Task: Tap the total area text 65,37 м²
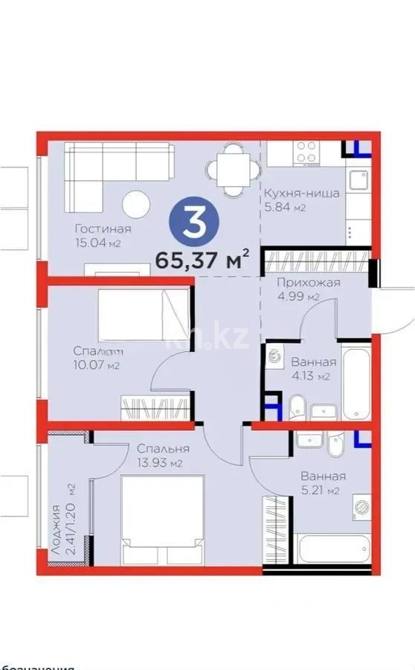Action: pyautogui.click(x=201, y=261)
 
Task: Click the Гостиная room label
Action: pyautogui.click(x=103, y=229)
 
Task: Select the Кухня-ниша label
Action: pyautogui.click(x=301, y=194)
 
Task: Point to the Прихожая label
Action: pyautogui.click(x=309, y=282)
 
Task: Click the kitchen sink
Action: pyautogui.click(x=358, y=183)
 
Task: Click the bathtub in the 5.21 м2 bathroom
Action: pyautogui.click(x=332, y=550)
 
